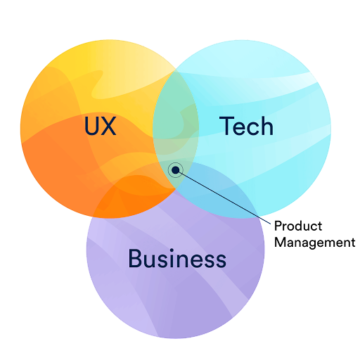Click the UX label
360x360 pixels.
pos(101,126)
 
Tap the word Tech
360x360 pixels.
pos(246,126)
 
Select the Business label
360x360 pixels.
pos(177,258)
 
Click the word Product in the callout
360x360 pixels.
pos(298,226)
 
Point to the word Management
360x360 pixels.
pos(315,243)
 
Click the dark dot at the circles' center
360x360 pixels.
pos(176,170)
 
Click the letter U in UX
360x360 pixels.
pos(91,126)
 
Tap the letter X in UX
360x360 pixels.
pos(108,126)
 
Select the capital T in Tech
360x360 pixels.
pos(227,125)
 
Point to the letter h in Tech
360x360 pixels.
pos(267,126)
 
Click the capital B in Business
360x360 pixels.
pos(135,258)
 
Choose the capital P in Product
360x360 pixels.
pos(278,226)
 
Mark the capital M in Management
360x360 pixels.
pos(280,242)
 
